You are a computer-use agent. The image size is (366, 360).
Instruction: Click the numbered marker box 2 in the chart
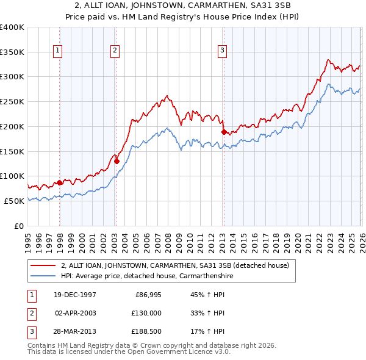[115, 51]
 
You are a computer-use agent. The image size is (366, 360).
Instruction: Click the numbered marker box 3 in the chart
[223, 51]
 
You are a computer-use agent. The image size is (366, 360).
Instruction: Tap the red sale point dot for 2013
[223, 132]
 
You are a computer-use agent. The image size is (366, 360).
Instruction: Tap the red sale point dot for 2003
[117, 161]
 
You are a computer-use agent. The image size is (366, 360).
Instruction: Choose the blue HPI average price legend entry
[147, 276]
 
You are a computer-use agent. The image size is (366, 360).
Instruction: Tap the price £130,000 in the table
[147, 313]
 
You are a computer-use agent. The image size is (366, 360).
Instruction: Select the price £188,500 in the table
[147, 331]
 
